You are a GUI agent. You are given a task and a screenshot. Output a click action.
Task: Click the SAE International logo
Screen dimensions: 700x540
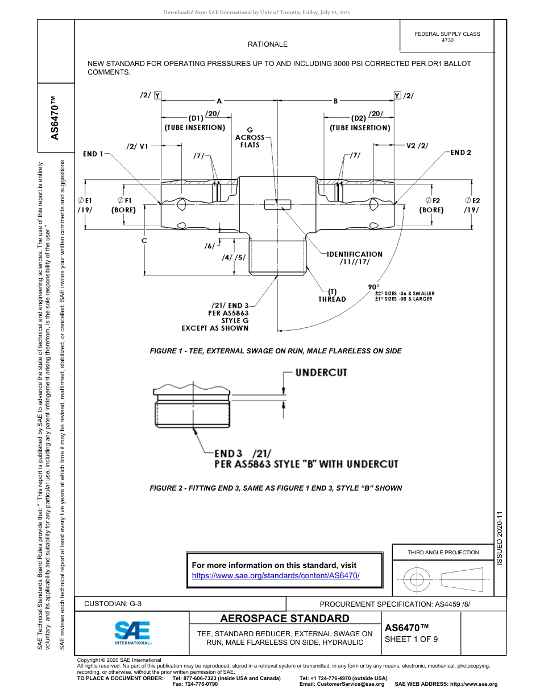click(x=132, y=632)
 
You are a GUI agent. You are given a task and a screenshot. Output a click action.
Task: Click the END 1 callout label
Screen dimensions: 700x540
click(x=94, y=154)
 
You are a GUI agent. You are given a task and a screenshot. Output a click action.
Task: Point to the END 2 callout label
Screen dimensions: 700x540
click(x=460, y=153)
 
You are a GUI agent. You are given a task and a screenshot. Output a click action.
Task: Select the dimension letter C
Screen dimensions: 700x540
click(x=144, y=241)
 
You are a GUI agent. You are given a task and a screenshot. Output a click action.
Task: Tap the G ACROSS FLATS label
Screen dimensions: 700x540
click(x=250, y=137)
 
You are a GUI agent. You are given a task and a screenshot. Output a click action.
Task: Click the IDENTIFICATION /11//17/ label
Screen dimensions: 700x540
click(x=354, y=258)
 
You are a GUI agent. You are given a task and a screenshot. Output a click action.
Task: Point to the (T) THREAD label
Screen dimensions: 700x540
click(x=332, y=295)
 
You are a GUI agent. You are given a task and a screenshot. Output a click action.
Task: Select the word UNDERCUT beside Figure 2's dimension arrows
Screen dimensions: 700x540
click(x=321, y=372)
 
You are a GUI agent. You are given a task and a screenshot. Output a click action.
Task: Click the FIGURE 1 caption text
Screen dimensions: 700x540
click(x=276, y=351)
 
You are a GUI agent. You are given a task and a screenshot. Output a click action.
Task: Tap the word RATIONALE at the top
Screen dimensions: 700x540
click(x=267, y=44)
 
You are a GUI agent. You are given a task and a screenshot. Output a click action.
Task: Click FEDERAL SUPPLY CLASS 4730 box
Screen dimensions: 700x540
click(x=447, y=37)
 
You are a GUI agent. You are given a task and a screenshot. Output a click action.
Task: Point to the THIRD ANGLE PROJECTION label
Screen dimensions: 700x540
click(x=443, y=552)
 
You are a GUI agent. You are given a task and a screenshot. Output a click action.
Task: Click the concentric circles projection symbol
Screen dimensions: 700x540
click(x=417, y=580)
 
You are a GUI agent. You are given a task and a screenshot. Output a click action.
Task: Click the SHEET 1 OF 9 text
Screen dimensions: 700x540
click(x=411, y=639)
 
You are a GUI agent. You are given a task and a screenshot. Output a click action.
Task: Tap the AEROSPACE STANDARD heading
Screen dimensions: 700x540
click(x=285, y=619)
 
